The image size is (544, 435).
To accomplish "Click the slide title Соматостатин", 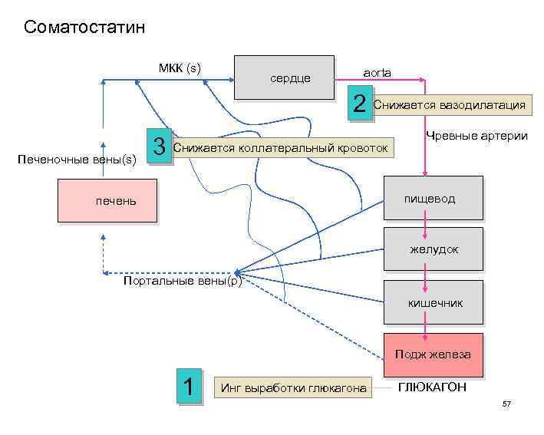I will pos(84,28).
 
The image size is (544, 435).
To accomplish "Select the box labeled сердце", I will pos(284,77).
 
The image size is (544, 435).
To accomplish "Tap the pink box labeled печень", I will pos(107,201).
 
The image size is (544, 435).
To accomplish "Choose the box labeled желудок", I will pos(434,249).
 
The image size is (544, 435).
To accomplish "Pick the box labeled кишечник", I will pos(434,303).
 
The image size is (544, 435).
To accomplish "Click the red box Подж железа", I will pos(433,354).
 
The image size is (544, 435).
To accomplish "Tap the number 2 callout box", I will pos(360,105).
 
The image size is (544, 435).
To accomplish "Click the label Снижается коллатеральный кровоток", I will pos(281,147).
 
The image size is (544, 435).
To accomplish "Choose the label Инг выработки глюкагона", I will pos(293,388).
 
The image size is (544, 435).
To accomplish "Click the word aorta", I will pos(377,72).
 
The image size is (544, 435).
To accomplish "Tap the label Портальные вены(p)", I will pos(183,280).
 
